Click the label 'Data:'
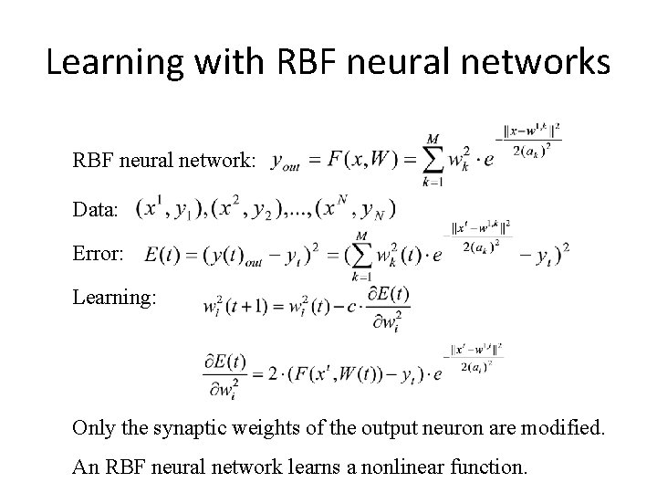pyautogui.click(x=96, y=210)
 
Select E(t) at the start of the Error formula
pyautogui.click(x=162, y=255)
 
